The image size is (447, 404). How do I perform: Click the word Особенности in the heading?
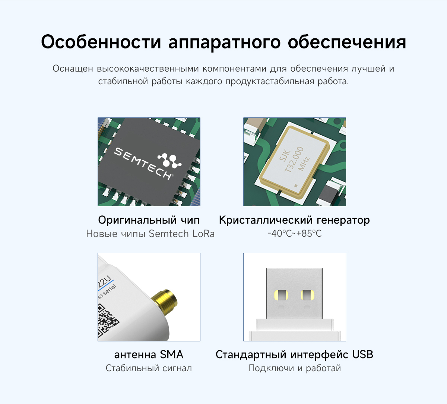click(101, 42)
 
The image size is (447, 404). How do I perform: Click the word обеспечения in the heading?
click(347, 42)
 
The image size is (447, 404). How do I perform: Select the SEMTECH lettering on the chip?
click(143, 163)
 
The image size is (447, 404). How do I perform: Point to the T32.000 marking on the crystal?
click(295, 159)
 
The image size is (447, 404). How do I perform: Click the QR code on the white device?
click(107, 321)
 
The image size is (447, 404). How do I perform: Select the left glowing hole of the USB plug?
click(281, 295)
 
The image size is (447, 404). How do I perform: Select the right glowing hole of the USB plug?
click(308, 295)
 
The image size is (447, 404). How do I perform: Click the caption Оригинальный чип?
click(149, 220)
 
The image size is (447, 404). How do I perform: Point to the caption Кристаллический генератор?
click(294, 220)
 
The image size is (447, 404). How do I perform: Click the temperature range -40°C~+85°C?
click(295, 233)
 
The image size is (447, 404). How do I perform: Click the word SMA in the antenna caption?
click(172, 354)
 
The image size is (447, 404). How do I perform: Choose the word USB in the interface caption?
click(362, 354)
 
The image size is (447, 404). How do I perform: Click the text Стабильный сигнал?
click(149, 368)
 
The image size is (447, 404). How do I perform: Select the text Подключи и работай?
click(295, 368)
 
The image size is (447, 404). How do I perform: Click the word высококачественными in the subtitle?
click(148, 69)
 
